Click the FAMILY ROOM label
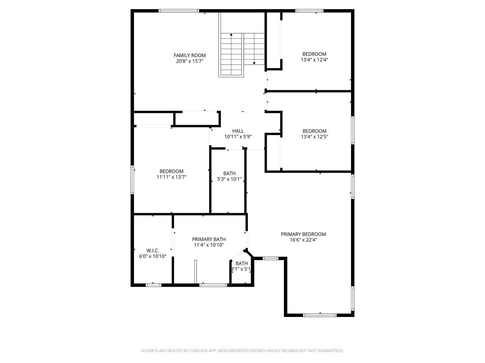pos(189,55)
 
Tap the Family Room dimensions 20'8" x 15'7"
pos(189,61)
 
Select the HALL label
pos(238,131)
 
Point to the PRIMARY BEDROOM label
pos(303,234)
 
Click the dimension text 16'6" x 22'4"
pos(303,240)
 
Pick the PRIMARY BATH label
pos(208,239)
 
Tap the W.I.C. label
pos(153,251)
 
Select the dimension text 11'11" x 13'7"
pos(171,177)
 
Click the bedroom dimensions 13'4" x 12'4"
pos(314,60)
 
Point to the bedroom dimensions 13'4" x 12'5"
pos(314,137)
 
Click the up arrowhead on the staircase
pos(231,34)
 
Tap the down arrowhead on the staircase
pos(254,63)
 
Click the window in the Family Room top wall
pos(179,11)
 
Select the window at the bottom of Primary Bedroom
pos(320,315)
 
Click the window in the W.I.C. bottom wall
pos(153,285)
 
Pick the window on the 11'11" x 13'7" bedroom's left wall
pos(132,180)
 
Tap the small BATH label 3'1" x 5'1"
pos(241,266)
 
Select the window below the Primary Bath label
pos(213,285)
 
